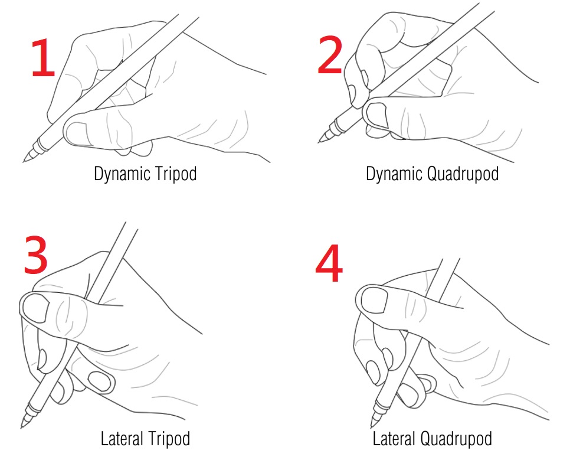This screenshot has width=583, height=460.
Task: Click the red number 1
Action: (43, 58)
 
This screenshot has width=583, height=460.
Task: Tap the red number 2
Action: (330, 55)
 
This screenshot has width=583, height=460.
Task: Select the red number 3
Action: (35, 255)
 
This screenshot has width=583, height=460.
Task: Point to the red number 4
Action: (329, 263)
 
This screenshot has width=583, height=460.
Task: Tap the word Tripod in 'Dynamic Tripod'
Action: (175, 174)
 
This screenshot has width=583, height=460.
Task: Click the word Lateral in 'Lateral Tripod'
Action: (122, 438)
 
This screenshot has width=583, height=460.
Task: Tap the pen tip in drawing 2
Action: (319, 142)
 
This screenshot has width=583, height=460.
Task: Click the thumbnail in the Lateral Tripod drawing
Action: (36, 308)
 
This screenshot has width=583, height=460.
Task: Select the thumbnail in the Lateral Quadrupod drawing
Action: (374, 300)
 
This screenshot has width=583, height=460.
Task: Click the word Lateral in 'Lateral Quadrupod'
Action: (394, 438)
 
